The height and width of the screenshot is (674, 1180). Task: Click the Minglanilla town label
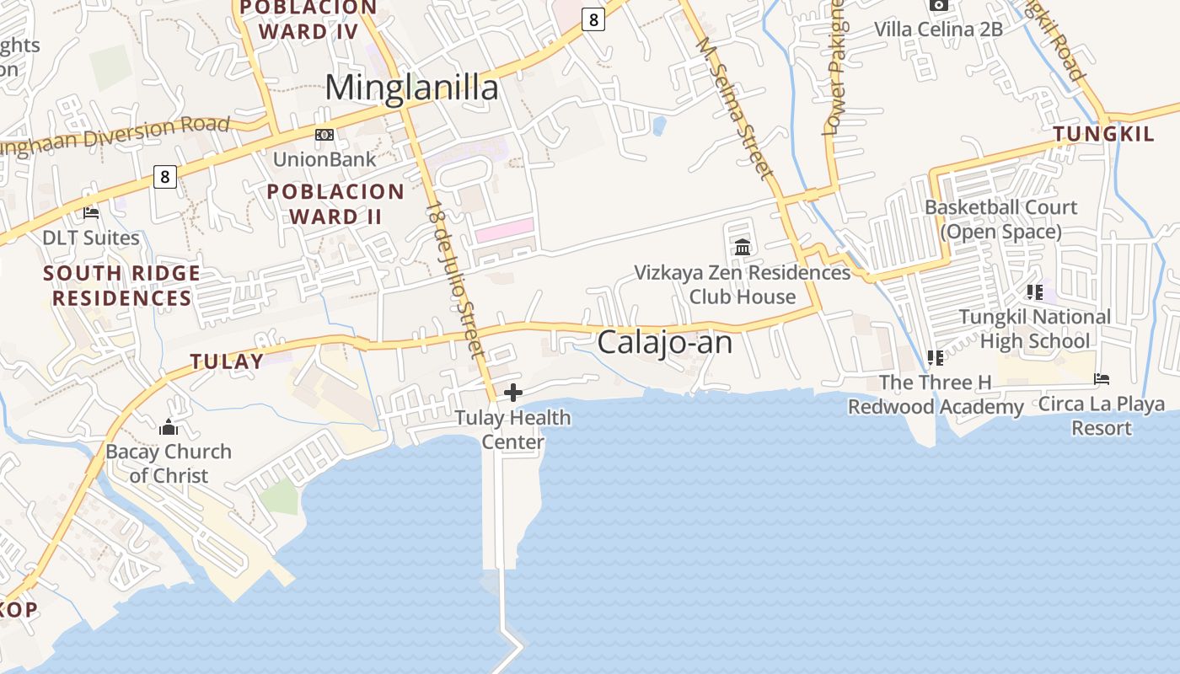pos(411,88)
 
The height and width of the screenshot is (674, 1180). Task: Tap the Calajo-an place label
pos(664,343)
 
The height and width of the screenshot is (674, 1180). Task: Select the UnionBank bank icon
pos(324,135)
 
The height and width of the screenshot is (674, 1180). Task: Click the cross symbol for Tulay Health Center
pos(512,393)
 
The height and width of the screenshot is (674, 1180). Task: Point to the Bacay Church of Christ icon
pos(169,427)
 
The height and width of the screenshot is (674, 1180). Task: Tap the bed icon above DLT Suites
pos(91,213)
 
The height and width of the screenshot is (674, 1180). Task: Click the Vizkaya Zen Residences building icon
pos(743,248)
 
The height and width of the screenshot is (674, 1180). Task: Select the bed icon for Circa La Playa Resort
pos(1101,379)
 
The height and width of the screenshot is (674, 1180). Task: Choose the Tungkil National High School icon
pos(1034,292)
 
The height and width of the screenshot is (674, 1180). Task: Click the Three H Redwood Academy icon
pos(935,358)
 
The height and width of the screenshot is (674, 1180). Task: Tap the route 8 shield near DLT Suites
pos(165,177)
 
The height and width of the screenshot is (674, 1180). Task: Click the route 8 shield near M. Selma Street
pos(593,19)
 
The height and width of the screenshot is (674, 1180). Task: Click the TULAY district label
pos(226,362)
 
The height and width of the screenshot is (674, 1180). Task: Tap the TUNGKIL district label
pos(1102,134)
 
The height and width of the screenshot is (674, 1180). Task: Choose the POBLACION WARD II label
pos(335,204)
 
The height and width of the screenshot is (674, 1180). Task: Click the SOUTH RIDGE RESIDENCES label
pos(121,286)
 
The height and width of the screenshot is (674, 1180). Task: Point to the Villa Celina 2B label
pos(938,29)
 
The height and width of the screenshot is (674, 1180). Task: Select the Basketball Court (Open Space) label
pos(1000,219)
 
